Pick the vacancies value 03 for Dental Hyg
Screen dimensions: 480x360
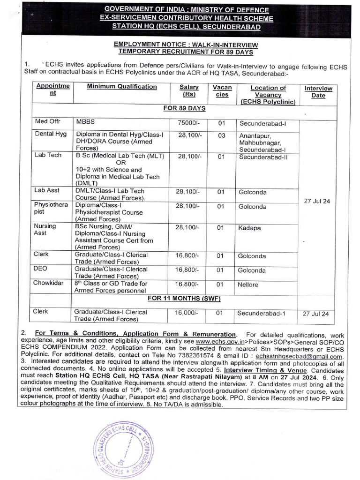pos(222,135)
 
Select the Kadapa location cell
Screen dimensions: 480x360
pos(250,228)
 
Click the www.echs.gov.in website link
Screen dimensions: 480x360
pos(217,343)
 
